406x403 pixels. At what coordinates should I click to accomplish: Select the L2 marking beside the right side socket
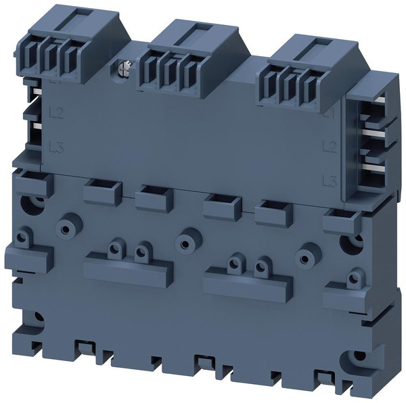point(330,146)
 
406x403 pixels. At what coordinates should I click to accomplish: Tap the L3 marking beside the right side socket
point(330,180)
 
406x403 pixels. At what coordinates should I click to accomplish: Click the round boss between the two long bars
point(183,241)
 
